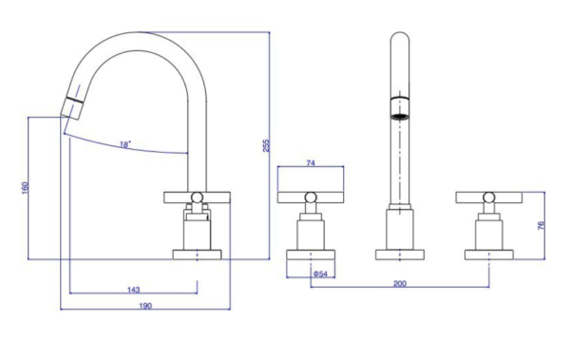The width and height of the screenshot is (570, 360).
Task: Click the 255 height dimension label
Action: pyautogui.click(x=266, y=145)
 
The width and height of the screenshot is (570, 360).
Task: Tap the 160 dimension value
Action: pyautogui.click(x=25, y=188)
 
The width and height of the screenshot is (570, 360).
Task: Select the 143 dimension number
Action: pyautogui.click(x=133, y=290)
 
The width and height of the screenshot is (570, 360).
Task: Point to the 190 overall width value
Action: pyautogui.click(x=145, y=306)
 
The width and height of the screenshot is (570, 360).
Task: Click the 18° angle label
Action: pyautogui.click(x=124, y=144)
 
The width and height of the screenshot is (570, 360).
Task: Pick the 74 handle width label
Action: pyautogui.click(x=311, y=163)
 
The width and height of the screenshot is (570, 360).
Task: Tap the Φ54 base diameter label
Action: pyautogui.click(x=320, y=274)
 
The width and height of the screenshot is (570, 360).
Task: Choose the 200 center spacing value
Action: pyautogui.click(x=400, y=283)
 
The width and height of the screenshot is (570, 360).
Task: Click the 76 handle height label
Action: pyautogui.click(x=541, y=225)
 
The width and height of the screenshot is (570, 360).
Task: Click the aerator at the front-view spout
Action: pyautogui.click(x=400, y=107)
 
